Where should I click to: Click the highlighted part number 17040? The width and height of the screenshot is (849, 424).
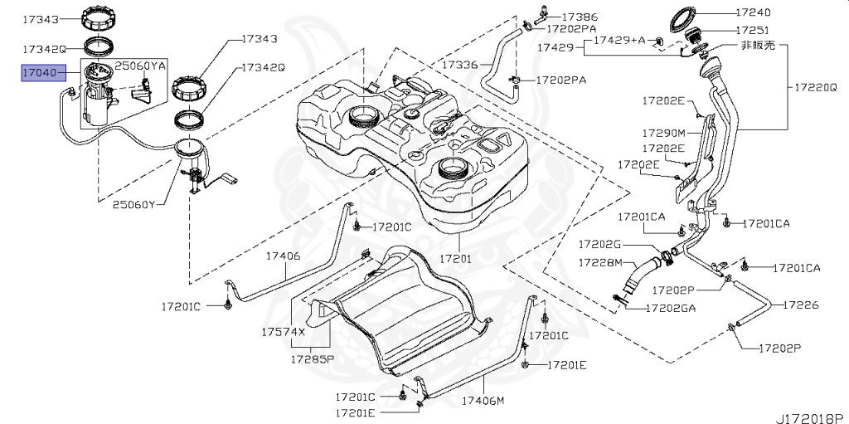coord(39,73)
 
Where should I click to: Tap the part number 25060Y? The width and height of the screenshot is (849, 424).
coord(134,203)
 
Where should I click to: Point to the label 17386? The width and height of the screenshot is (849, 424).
coord(580,16)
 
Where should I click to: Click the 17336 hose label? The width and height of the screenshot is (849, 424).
coord(459,64)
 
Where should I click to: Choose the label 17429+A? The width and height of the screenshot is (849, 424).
coord(618,40)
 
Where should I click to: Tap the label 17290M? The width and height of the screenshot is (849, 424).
coord(662,132)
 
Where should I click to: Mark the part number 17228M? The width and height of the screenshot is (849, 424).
coord(599,262)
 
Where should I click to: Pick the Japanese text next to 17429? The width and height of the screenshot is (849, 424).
coord(757,46)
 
